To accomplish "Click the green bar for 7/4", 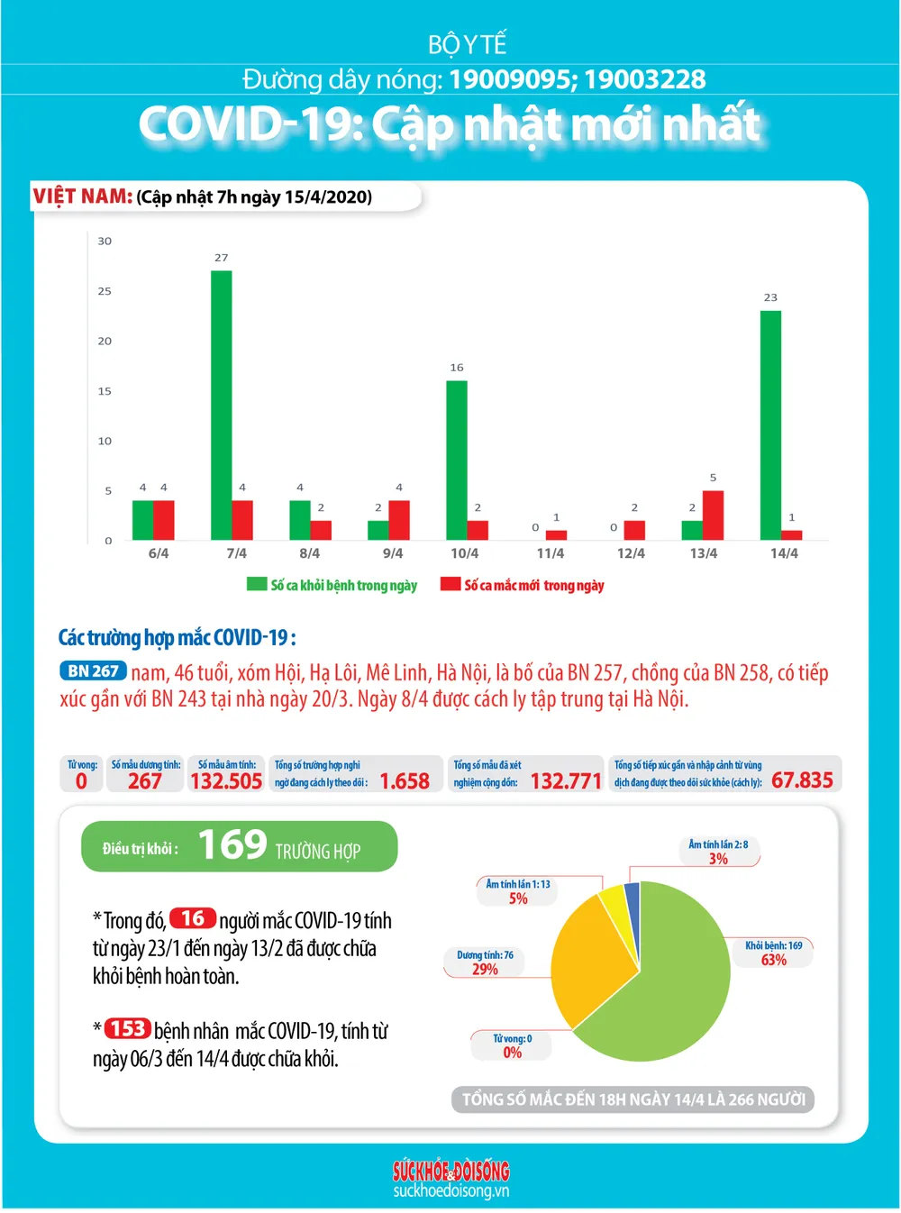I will (222, 405).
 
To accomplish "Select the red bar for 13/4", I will (713, 515).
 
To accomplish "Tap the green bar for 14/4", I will (770, 424).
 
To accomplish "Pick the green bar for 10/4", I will (457, 460).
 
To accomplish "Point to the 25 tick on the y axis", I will (105, 291).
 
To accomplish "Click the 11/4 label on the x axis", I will (551, 553).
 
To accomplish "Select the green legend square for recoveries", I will (257, 584).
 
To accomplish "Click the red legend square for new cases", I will (450, 584).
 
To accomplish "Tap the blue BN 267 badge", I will (93, 670).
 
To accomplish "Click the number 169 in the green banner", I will (232, 845).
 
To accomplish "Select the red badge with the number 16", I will (193, 918).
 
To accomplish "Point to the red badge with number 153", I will (128, 1028).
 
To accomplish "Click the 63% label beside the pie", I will (773, 960).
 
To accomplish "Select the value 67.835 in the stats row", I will (802, 780).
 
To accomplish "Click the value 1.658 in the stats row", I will (405, 781).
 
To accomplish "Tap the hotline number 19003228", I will (645, 79).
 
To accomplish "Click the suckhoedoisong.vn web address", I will (451, 1190).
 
